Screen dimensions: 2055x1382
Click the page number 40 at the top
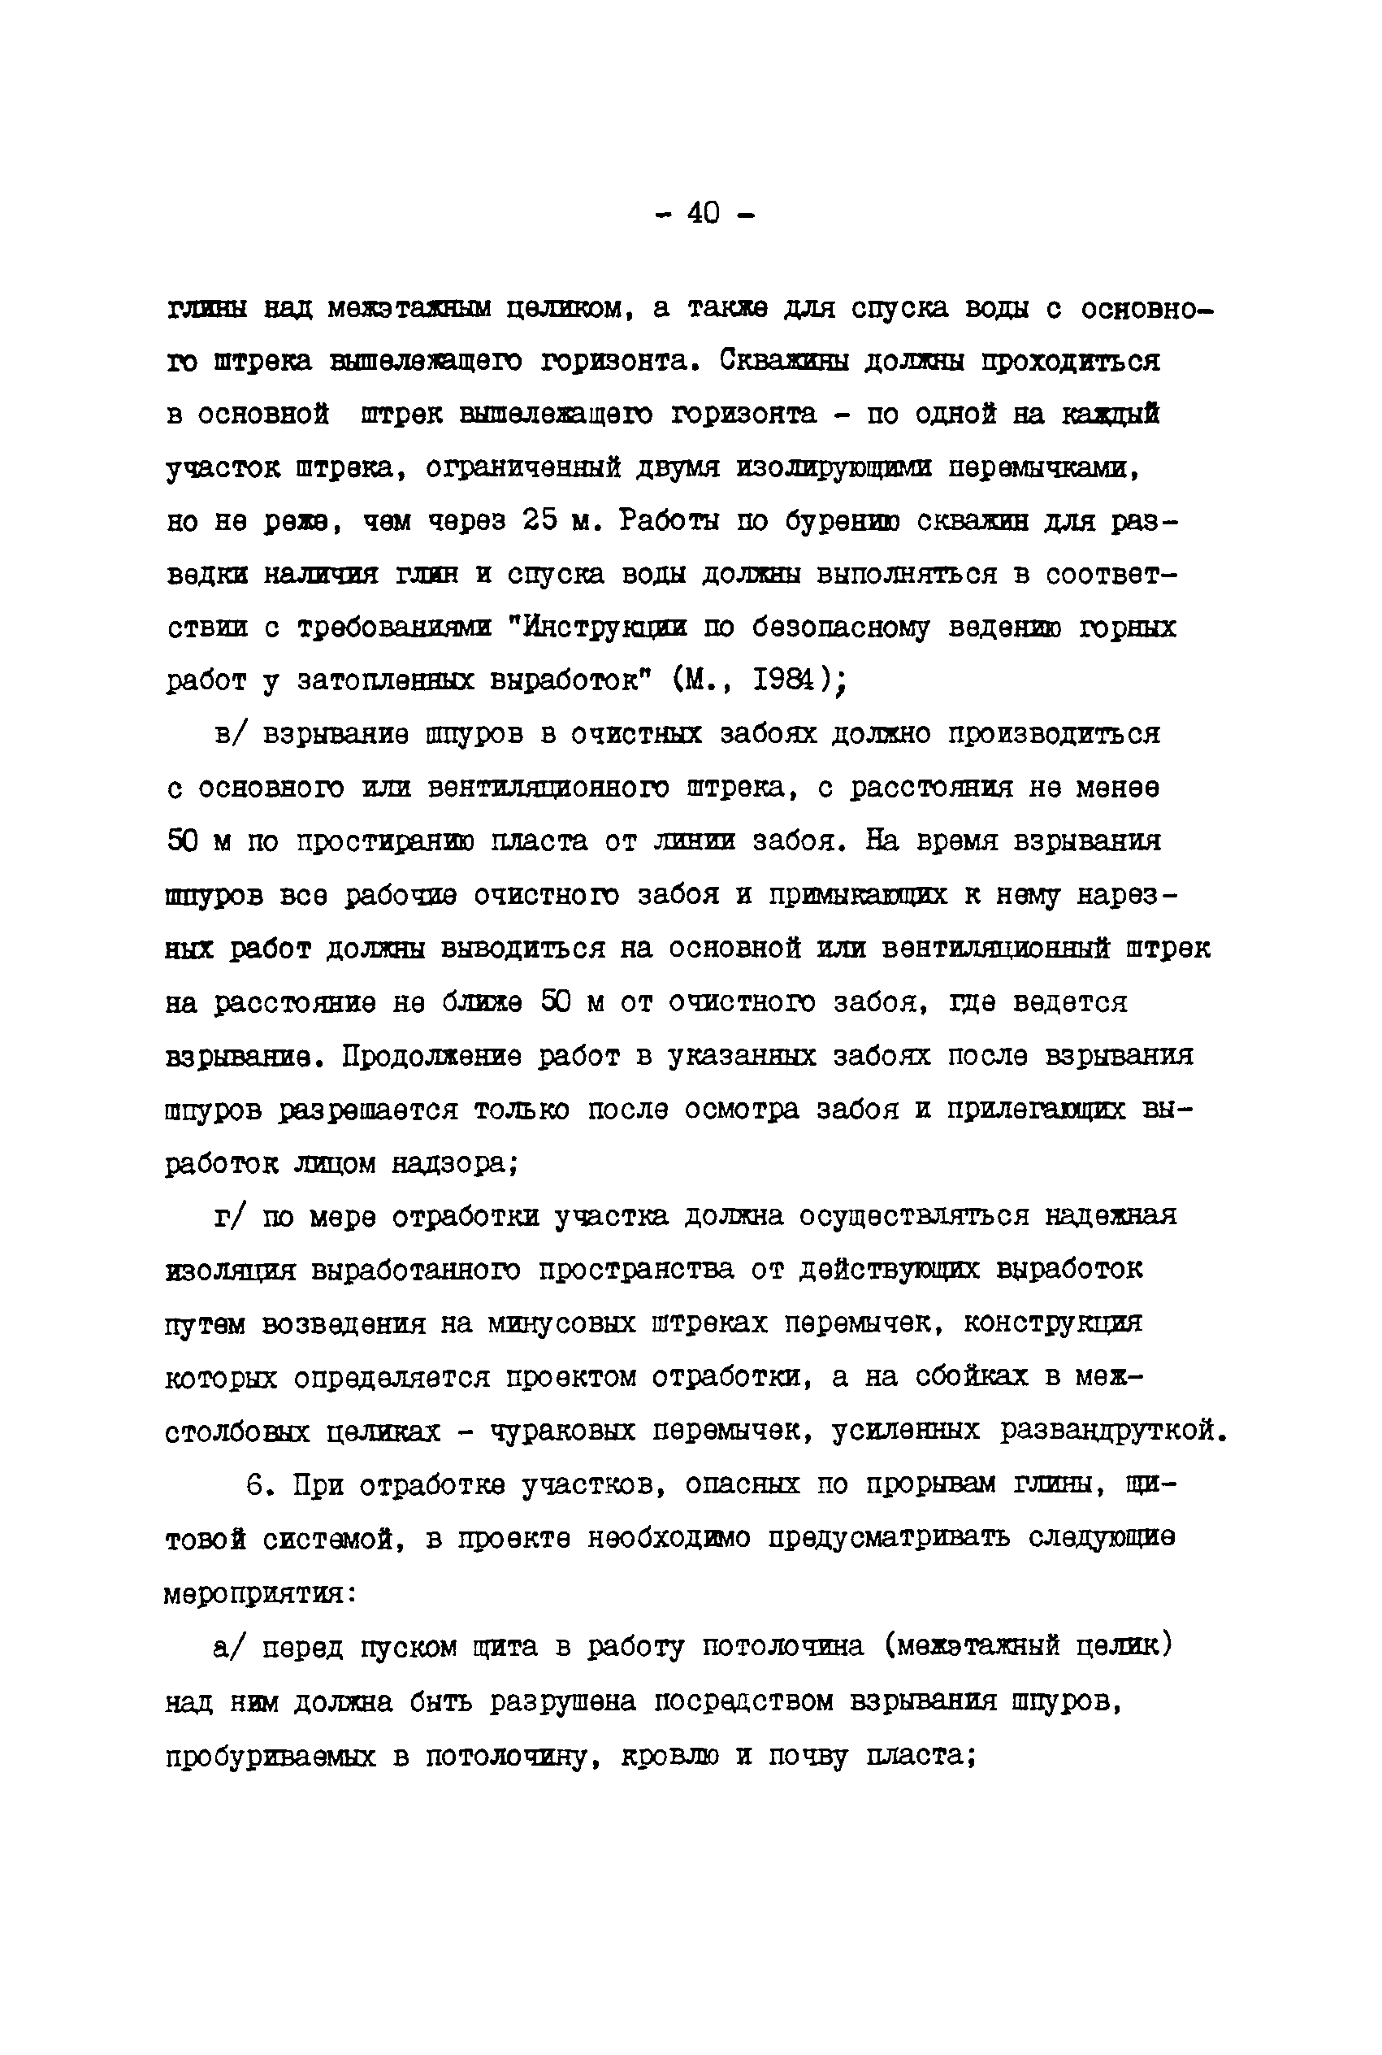(704, 212)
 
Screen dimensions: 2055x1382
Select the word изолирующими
(834, 468)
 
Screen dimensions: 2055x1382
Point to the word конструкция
(1052, 1323)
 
